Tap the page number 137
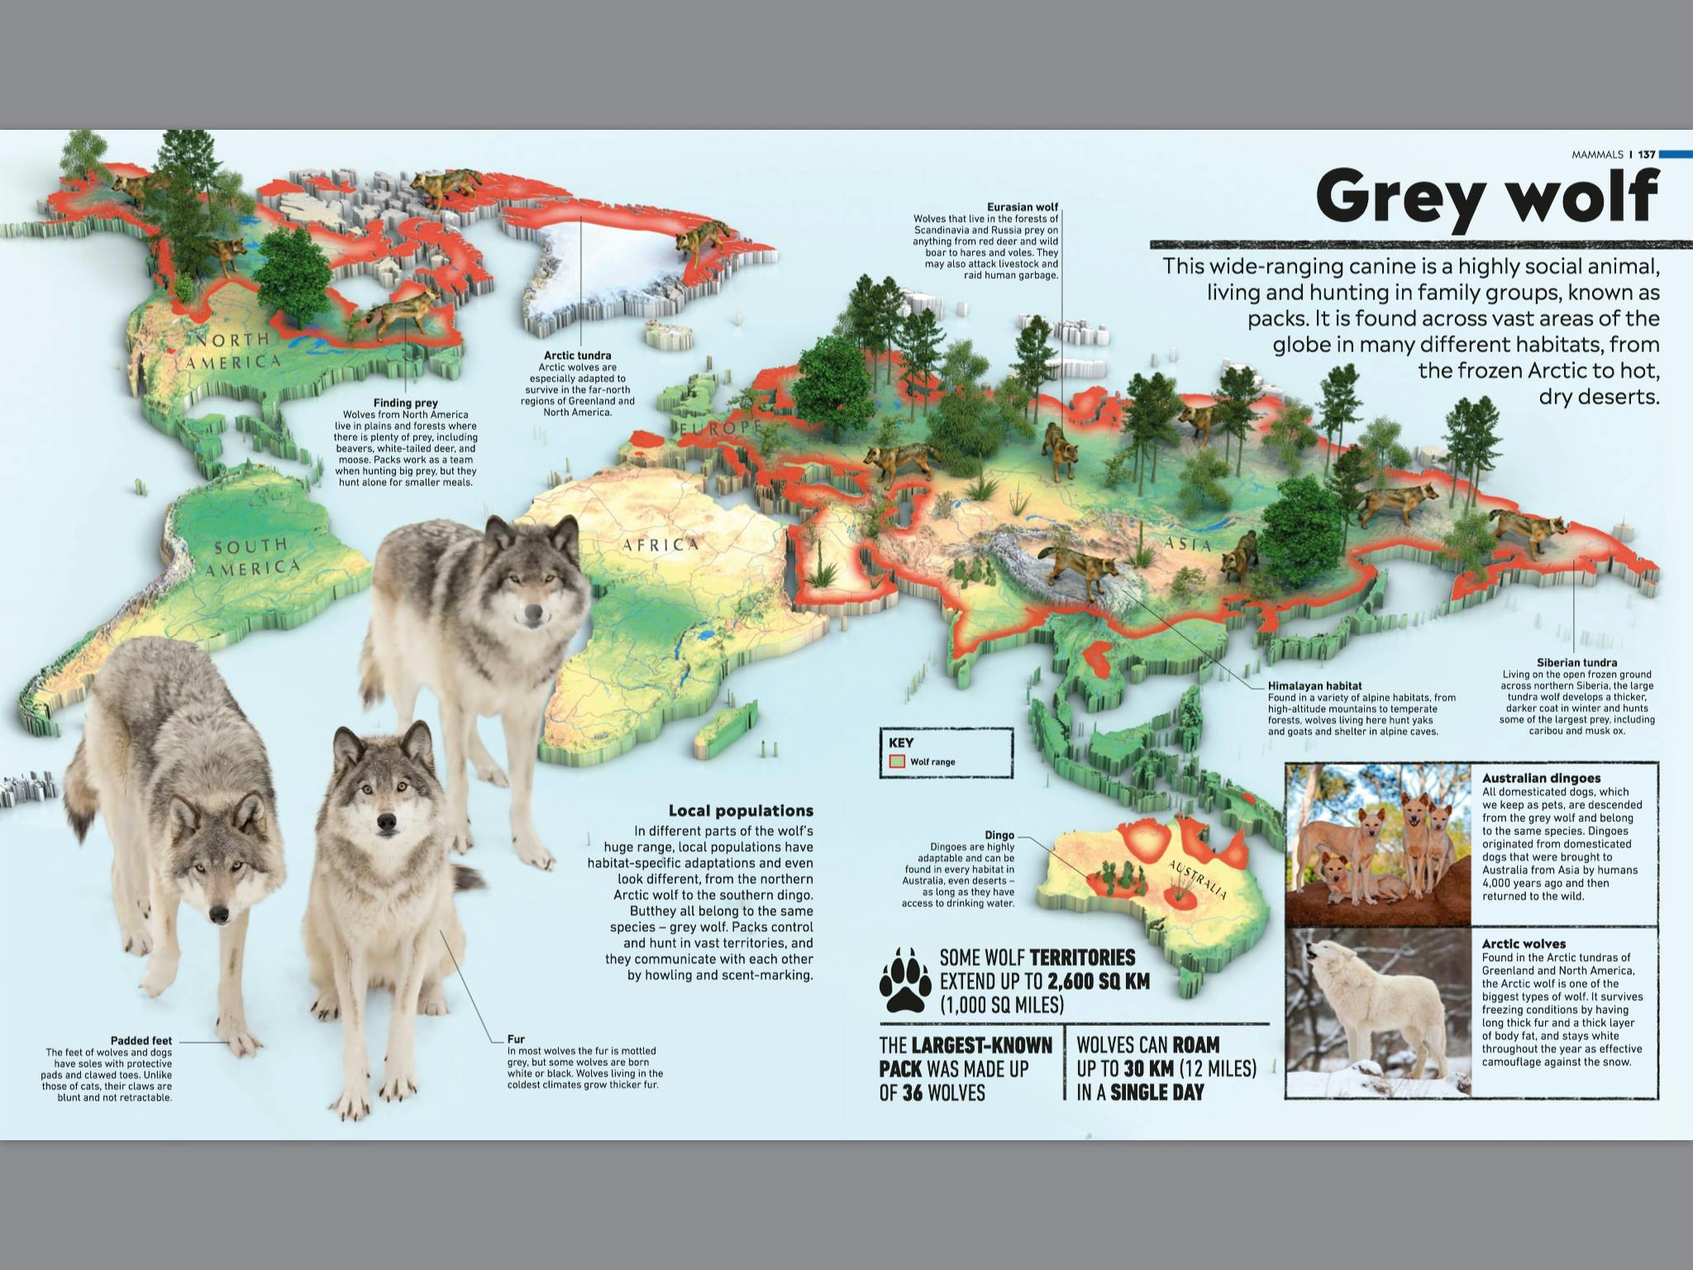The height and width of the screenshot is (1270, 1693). pos(1647,155)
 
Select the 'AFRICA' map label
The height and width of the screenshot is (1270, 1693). pos(661,544)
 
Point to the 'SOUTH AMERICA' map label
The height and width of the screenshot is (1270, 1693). pos(251,557)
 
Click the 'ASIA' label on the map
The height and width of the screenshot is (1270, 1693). pos(1188,544)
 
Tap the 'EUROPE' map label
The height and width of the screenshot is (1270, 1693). pos(720,427)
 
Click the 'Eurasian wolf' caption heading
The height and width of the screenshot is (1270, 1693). pos(1022,207)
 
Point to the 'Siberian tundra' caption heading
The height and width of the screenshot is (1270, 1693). pos(1576,662)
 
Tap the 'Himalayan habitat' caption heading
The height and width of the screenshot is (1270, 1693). pos(1314,685)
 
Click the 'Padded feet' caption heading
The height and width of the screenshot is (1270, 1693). pos(141,1040)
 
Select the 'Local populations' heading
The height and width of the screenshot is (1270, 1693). pos(741,810)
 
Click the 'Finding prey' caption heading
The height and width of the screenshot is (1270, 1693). pos(405,403)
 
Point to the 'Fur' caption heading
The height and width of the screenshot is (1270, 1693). pos(516,1038)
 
